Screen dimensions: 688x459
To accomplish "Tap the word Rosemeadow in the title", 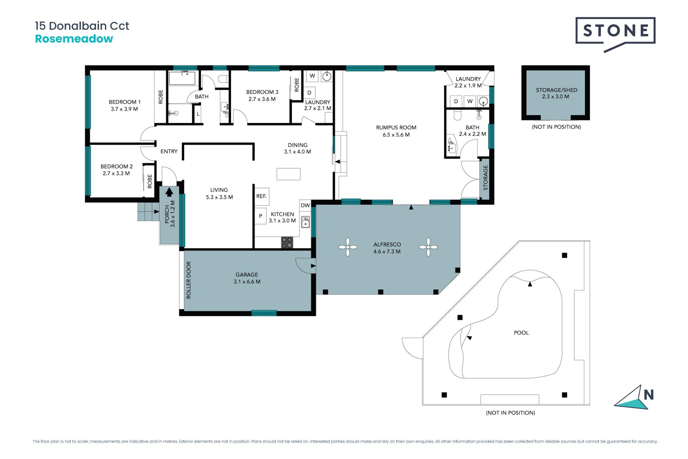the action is pos(74,39).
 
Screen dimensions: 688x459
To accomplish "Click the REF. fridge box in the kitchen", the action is pos(262,196).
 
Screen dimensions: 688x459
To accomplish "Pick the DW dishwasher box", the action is pos(305,205).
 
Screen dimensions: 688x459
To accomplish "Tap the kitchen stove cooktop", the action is pos(287,242).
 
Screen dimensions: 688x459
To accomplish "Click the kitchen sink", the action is pos(305,222).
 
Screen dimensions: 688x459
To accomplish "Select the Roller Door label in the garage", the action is pos(189,280).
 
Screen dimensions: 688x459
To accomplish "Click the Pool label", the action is pos(521,333).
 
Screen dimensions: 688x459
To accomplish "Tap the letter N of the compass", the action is pos(649,395).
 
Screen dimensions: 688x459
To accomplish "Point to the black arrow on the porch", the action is pos(169,192).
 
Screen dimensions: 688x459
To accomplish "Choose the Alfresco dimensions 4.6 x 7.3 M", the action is pos(387,251).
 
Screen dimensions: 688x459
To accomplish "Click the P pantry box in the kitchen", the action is pos(261,216).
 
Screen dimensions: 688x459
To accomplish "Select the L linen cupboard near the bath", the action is pos(198,114).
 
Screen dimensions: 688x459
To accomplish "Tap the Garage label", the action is pos(247,275).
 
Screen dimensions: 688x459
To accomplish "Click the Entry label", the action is pos(169,151).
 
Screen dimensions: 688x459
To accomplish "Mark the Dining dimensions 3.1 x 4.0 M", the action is pos(297,152).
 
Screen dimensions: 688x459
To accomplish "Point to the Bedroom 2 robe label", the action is pos(150,181).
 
